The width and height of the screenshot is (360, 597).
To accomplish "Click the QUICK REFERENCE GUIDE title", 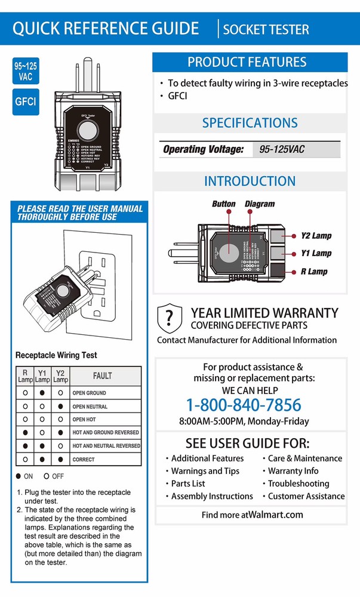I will [x=106, y=28].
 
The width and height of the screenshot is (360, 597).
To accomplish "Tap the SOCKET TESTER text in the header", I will [x=266, y=29].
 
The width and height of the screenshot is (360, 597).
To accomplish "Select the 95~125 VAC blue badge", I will [x=26, y=71].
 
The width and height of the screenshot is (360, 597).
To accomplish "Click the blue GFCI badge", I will [x=26, y=101].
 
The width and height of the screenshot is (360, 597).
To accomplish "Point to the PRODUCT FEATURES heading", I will [x=247, y=62].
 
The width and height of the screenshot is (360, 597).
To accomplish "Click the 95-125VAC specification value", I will [x=282, y=149].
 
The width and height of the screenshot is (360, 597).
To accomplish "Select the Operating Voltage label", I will [x=203, y=149].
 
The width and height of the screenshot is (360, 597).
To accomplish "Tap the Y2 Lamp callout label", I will [x=316, y=236].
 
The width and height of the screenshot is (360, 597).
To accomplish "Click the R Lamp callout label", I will [x=314, y=272].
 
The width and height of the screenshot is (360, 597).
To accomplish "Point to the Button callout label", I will [x=224, y=204].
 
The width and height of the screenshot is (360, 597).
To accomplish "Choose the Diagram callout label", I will [x=260, y=204].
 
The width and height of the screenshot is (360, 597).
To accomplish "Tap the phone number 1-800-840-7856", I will [x=244, y=405].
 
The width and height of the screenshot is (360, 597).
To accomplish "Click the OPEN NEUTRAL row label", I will [x=90, y=407].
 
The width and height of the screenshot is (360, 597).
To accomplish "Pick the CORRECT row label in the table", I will [x=84, y=460].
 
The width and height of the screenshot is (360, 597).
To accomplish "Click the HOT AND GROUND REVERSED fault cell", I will [x=106, y=432].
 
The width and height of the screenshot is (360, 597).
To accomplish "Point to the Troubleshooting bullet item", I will [x=299, y=484].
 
